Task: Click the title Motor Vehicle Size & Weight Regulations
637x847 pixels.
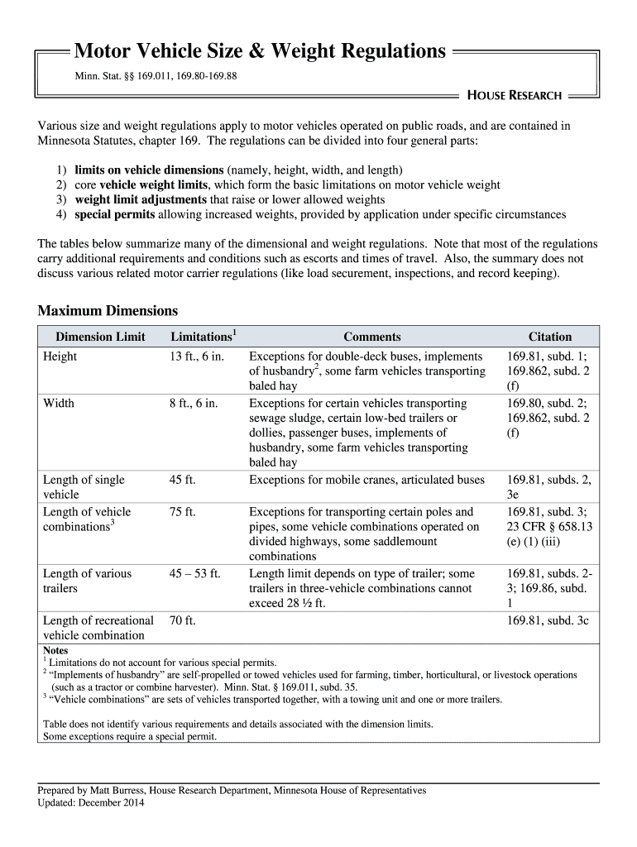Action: (x=260, y=52)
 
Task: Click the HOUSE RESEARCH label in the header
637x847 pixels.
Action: (x=514, y=95)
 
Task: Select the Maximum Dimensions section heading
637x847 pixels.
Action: (x=108, y=311)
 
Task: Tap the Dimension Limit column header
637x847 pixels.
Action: (x=100, y=337)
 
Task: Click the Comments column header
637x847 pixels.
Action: (x=371, y=337)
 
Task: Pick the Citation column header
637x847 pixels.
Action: (x=549, y=337)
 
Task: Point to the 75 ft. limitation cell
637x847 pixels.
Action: (x=182, y=512)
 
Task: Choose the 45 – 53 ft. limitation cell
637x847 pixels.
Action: (x=195, y=573)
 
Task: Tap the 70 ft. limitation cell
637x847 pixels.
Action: (x=182, y=620)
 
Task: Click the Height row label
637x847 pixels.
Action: (x=60, y=357)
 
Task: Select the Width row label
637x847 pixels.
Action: (x=58, y=404)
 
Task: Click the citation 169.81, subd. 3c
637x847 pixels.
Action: (x=548, y=620)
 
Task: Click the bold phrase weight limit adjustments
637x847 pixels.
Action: (x=141, y=199)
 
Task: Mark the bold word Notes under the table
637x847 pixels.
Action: (x=56, y=651)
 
